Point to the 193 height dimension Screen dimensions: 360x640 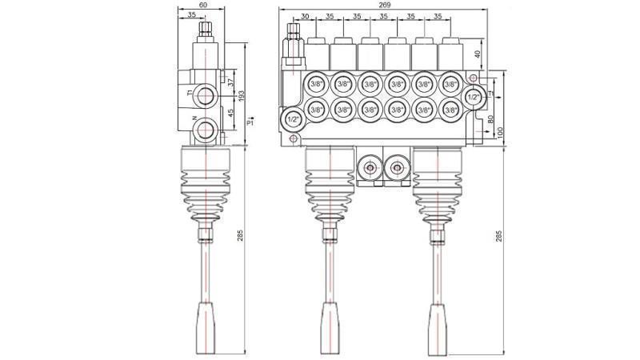pos(241,94)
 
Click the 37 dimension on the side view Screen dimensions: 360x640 pos(231,82)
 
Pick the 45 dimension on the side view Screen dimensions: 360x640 pos(231,113)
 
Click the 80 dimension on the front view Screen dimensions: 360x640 pos(490,120)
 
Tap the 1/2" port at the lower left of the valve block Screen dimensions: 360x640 pos(294,120)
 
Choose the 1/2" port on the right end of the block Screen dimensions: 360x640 pos(474,97)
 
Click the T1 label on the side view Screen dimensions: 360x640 pos(190,93)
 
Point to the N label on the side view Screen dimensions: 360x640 pos(194,120)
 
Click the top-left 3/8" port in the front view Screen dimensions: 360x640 pos(316,83)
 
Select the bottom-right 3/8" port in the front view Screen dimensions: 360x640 pos(450,110)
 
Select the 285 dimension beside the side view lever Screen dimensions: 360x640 pos(241,235)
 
